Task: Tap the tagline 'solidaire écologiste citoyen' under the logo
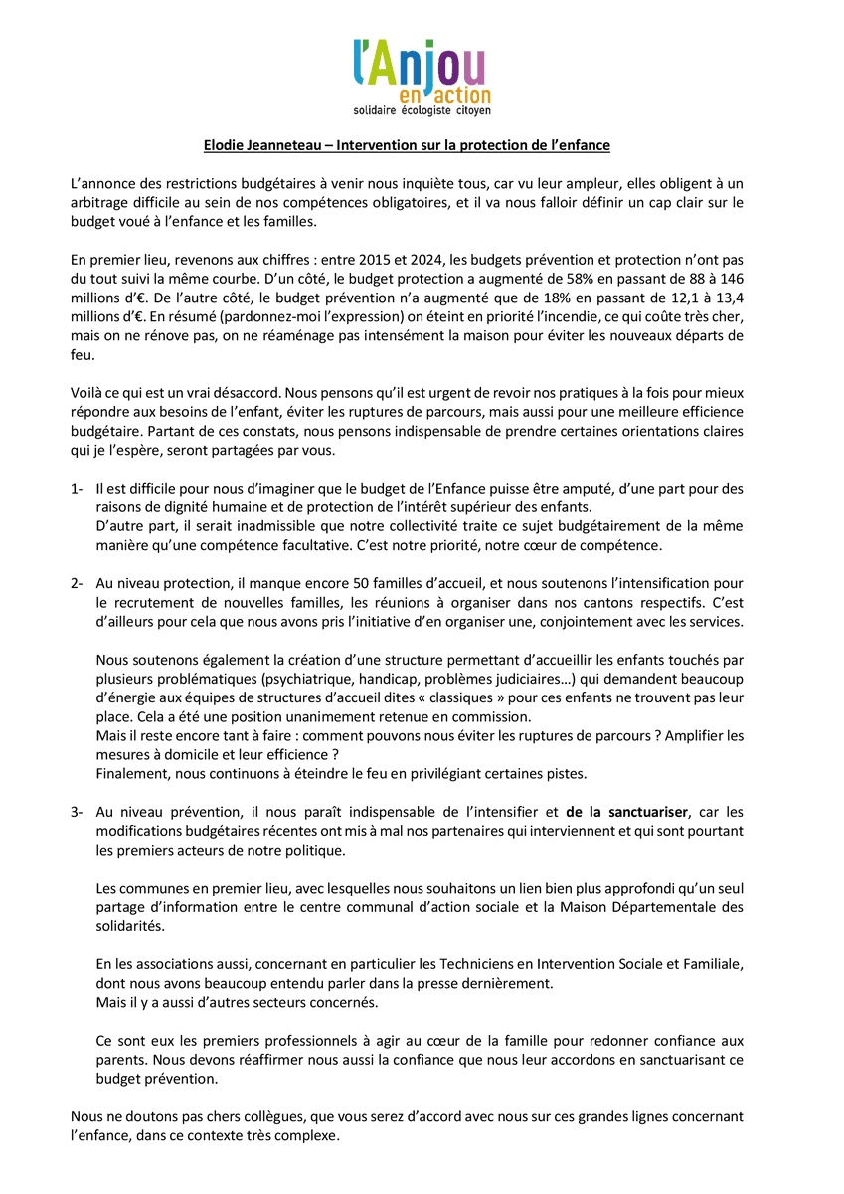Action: pyautogui.click(x=422, y=109)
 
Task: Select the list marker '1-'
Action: pyautogui.click(x=77, y=489)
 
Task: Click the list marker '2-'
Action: pyautogui.click(x=77, y=583)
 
